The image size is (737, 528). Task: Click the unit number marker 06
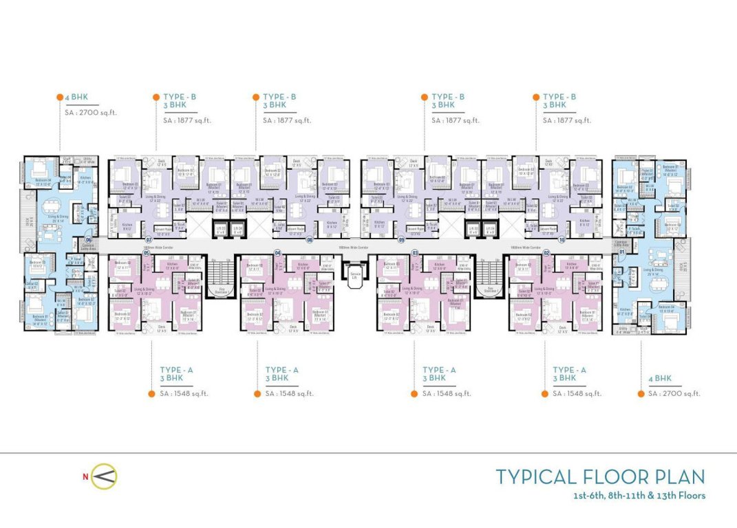pos(89,240)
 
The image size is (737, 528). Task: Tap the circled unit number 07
pos(147,240)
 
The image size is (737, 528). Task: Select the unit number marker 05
pos(146,252)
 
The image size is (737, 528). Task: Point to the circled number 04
pos(277,252)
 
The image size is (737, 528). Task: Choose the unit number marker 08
pos(310,240)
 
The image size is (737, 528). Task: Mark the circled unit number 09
pos(400,240)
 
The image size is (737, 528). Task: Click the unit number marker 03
pos(415,252)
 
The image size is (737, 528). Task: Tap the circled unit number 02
pos(546,252)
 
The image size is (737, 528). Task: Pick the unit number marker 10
pos(562,240)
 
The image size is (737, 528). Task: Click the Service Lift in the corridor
pos(355,274)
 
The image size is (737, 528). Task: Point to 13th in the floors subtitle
pos(662,495)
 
